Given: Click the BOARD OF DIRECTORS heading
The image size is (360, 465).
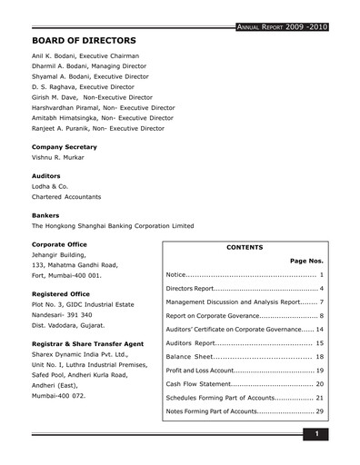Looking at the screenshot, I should pos(84,40).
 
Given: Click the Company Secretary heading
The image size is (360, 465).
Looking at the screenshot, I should pos(66,146).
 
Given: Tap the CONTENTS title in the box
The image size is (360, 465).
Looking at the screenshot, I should pos(245,247).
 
